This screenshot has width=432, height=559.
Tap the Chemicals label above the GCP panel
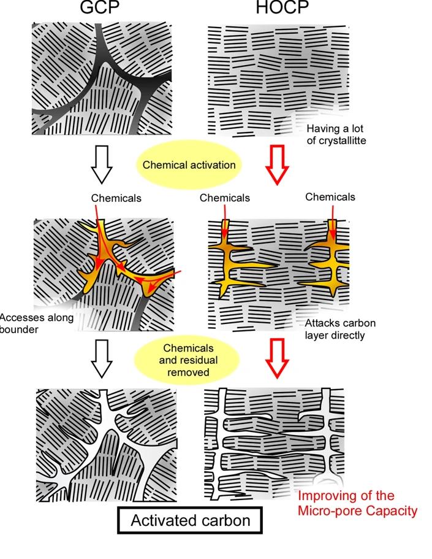point(116,198)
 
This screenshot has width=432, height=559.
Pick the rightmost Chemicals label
point(330,197)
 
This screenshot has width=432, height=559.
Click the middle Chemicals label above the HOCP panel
point(225,198)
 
